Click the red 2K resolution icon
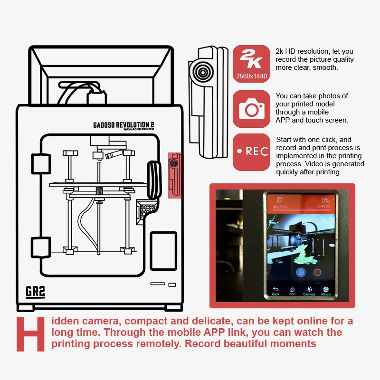pos(251,64)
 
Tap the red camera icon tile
pos(251,109)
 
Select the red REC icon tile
pos(251,152)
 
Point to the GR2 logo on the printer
pos(36,292)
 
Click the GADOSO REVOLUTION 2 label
pos(123,125)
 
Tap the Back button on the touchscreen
pos(275,291)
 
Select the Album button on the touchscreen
pos(326,291)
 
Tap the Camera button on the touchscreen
pos(309,291)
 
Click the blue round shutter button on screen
pos(300,273)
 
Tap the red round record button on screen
pos(317,273)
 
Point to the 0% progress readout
pos(325,200)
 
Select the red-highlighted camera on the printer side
pos(175,175)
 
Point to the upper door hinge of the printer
pos(41,163)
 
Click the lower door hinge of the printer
pos(41,246)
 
